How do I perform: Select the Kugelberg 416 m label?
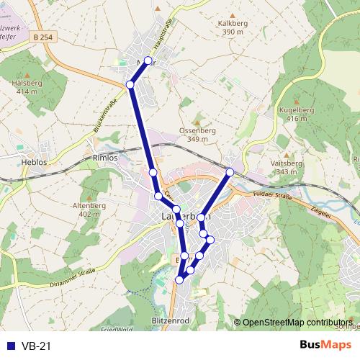[x=297, y=114]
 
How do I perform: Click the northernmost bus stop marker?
[x=148, y=60]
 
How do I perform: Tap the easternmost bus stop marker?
[x=230, y=172]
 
